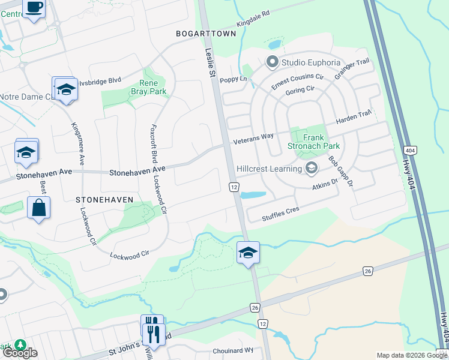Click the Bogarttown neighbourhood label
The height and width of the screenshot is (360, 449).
click(x=206, y=34)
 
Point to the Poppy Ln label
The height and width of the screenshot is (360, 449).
click(x=234, y=79)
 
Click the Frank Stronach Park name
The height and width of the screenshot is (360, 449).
click(x=321, y=142)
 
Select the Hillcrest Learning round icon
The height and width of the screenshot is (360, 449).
click(x=311, y=169)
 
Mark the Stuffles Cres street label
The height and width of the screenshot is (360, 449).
click(x=280, y=214)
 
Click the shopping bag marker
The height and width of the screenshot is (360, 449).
click(x=39, y=208)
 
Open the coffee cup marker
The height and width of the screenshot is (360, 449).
click(x=34, y=8)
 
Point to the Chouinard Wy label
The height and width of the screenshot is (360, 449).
click(x=233, y=351)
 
